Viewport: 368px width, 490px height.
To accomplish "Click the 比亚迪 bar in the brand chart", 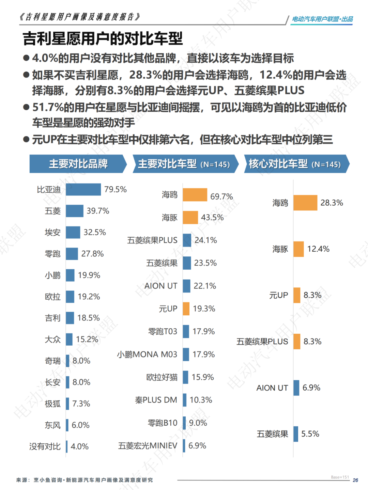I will [83, 190].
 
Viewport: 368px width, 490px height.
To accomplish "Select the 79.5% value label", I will [116, 189].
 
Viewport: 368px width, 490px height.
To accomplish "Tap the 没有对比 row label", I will [45, 446].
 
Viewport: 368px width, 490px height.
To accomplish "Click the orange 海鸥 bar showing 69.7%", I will [195, 195].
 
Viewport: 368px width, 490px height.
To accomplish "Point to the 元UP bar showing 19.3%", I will [186, 309].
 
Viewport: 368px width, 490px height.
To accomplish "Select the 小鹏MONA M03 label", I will [147, 354].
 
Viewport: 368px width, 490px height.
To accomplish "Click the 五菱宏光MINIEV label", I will [148, 446].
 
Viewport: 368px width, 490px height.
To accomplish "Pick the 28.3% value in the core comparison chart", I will [332, 203].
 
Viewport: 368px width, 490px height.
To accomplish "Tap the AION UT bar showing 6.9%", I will [296, 388].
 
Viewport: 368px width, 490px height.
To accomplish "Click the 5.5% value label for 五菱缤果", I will [310, 434].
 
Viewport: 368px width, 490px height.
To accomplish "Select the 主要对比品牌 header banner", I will [78, 164].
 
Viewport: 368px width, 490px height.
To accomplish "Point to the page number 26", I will [355, 480].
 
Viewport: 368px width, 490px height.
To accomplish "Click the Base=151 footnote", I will [340, 477].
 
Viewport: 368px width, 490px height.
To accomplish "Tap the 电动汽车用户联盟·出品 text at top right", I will [322, 19].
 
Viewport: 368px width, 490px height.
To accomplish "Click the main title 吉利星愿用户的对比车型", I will [103, 38].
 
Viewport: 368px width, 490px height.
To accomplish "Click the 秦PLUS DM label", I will [156, 400].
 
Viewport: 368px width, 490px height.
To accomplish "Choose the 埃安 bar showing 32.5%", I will [73, 233].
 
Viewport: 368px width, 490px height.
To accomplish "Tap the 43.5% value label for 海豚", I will [212, 218].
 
